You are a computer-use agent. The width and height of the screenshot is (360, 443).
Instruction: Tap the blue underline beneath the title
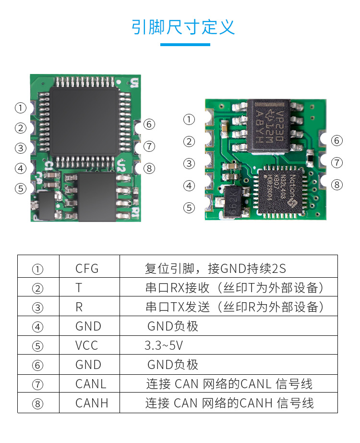[185, 45]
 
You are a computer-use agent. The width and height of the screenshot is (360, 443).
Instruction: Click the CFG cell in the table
[87, 268]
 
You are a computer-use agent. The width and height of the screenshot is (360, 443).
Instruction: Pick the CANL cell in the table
[91, 384]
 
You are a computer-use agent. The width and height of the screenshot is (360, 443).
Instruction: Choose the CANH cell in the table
[92, 403]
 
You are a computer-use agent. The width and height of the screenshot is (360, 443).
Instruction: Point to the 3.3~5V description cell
[164, 345]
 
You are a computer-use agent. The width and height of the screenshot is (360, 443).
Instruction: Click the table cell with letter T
[79, 288]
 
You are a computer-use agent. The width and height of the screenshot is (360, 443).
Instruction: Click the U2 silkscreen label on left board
[120, 167]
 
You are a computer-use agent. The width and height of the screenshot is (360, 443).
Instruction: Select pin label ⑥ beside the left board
[149, 124]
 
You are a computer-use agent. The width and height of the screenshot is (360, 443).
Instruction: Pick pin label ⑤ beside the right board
[190, 208]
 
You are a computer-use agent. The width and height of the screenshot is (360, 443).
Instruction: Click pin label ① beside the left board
[20, 108]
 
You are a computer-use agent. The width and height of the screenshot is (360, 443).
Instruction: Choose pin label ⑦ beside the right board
[337, 162]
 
